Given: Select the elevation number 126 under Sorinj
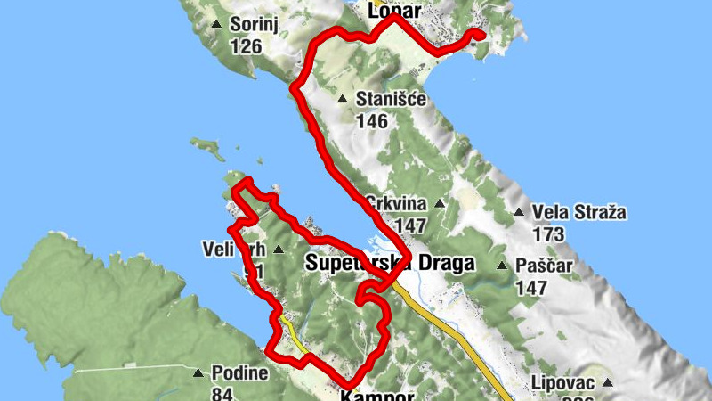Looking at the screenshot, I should coord(246,45).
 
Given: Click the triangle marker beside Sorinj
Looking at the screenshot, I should coord(217,24).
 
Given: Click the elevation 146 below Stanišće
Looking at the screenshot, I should coord(371,121).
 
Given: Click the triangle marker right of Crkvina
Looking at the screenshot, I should coord(439,203).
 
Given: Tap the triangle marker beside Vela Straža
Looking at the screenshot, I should coord(519,212).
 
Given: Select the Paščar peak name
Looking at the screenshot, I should coord(545,266).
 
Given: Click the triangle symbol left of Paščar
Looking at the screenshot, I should coord(503,266).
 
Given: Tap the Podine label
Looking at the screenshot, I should coord(239,372).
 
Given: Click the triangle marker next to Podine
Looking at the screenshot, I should coord(198,372).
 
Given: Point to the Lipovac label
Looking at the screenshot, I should coord(563,382).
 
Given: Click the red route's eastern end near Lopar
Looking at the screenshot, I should coord(479,35).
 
